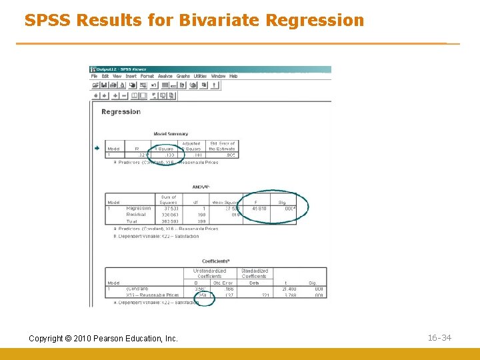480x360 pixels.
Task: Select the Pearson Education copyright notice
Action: [x=103, y=339]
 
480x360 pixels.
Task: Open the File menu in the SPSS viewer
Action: [x=95, y=76]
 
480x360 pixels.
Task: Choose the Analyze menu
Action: [x=165, y=76]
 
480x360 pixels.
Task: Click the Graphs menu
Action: [x=183, y=76]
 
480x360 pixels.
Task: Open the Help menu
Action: [x=233, y=76]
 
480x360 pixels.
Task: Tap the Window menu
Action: [x=218, y=76]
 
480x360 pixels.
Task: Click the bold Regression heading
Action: [x=121, y=111]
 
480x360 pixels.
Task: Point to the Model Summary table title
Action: [x=171, y=134]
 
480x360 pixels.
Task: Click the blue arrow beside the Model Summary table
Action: [x=97, y=148]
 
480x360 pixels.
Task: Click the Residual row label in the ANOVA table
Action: [x=137, y=215]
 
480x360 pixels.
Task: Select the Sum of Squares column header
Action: [x=169, y=199]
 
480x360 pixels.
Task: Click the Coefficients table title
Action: [x=215, y=261]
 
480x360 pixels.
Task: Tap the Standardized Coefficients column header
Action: [x=254, y=273]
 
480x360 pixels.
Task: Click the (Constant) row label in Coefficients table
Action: [x=139, y=289]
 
